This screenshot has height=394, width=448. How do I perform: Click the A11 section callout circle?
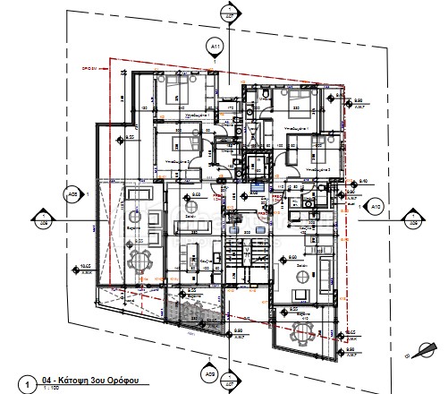click(215, 46)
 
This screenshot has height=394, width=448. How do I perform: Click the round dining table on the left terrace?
click(139, 261)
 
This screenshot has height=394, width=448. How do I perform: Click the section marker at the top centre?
click(230, 15)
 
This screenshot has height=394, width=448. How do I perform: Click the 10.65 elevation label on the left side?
click(87, 267)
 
